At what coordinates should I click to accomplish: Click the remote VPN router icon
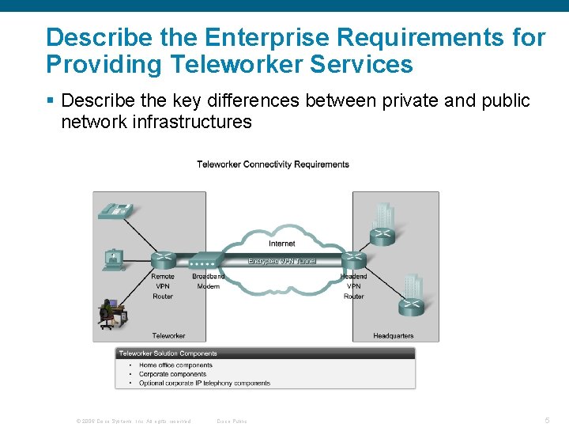coord(163,259)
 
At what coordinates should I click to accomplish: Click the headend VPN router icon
coord(353,259)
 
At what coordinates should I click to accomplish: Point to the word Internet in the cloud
coord(282,244)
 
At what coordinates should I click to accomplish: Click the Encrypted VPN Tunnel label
coord(282,260)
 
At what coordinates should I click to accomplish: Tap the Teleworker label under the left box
coord(168,336)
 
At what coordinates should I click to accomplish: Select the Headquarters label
coord(393,336)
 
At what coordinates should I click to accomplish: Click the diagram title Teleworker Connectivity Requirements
coord(273,164)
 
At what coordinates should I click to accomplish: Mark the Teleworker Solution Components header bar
coord(266,353)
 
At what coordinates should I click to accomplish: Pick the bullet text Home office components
coord(175,365)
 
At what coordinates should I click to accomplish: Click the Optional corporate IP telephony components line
coord(204,384)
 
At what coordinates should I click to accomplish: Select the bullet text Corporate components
coord(172,374)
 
